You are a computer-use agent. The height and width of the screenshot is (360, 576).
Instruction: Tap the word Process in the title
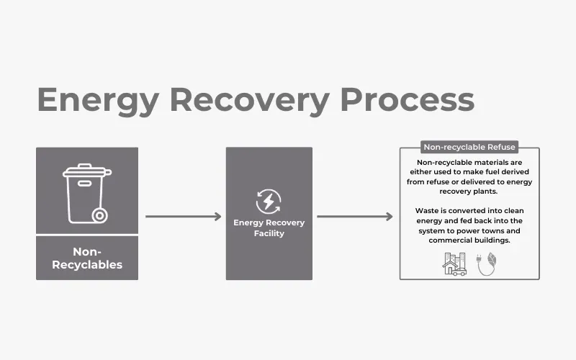408,100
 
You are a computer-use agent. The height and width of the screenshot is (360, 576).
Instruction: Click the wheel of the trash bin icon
99,215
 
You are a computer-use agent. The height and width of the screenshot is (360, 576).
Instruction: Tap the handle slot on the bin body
85,184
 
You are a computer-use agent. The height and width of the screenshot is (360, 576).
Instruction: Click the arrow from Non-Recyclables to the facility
183,216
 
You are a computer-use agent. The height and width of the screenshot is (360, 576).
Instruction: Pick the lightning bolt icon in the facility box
269,201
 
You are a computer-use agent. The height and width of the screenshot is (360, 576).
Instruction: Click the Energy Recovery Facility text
269,228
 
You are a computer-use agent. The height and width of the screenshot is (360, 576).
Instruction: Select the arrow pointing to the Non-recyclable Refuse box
354,216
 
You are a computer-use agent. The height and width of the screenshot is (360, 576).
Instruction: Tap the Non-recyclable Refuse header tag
469,147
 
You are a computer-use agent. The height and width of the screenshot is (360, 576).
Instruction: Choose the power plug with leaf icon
487,264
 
